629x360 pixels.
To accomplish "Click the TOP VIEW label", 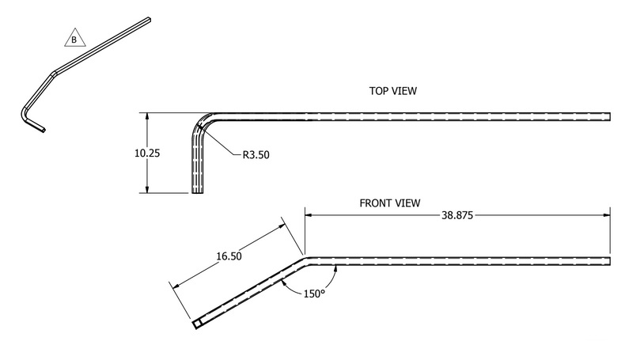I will [x=392, y=92].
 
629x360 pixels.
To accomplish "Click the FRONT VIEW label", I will [x=391, y=203].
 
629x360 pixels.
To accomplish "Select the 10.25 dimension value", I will [x=147, y=153].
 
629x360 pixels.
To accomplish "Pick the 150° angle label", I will [x=313, y=294].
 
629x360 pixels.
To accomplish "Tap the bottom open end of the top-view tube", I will [x=197, y=191].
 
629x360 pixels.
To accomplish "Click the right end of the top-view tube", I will [x=610, y=116].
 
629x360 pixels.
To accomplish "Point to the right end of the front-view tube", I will [x=610, y=261].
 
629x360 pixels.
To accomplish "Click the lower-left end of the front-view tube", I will [x=196, y=324].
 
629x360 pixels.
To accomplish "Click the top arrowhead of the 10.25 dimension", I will [x=147, y=116].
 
